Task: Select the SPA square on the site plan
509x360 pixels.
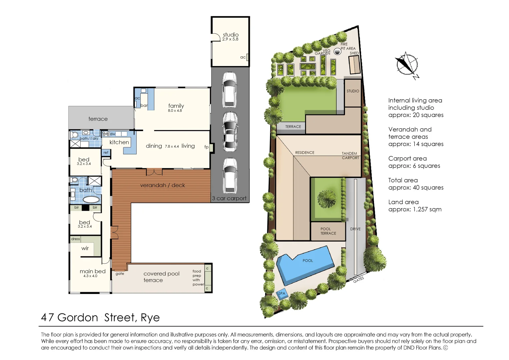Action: (282, 293)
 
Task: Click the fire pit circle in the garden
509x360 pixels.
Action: (337, 51)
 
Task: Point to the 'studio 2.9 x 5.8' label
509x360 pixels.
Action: (230, 37)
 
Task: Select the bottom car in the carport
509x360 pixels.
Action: (230, 176)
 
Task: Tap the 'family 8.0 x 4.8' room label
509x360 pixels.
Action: (176, 108)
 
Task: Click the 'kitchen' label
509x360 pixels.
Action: (119, 142)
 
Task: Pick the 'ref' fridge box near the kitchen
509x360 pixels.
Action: (106, 153)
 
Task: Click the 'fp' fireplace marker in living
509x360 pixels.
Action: (206, 147)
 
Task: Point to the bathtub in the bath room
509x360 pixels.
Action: (91, 200)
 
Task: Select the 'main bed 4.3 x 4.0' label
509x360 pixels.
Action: (92, 273)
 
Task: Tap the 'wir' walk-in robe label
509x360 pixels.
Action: (85, 248)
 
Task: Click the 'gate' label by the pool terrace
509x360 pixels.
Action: (120, 274)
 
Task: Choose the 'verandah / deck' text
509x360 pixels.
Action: (162, 185)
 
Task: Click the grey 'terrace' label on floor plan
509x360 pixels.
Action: (98, 119)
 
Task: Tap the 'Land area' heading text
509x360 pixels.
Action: (403, 202)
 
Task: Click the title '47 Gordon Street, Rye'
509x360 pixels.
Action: (100, 317)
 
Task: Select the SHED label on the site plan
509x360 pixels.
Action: (354, 53)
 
